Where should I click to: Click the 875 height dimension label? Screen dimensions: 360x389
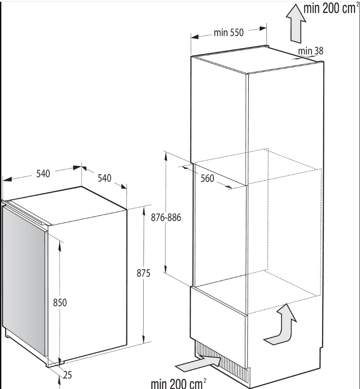pos(143,273)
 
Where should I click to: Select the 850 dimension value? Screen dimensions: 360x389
pos(60,303)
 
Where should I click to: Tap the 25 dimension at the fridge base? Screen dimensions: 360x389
pos(67,375)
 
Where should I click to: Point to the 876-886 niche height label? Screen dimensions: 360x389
pos(166,217)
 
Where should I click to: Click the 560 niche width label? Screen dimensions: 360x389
pos(207,178)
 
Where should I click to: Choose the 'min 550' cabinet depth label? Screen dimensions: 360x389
pos(229,33)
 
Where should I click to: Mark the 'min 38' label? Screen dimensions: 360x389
pos(311,51)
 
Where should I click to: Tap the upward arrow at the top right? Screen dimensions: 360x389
pos(296,23)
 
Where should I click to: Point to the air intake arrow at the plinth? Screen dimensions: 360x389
pos(199,363)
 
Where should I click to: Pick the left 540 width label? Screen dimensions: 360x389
pos(43,174)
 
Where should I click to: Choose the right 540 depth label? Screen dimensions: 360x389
pos(105,178)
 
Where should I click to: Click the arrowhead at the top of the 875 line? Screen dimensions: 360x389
pos(144,211)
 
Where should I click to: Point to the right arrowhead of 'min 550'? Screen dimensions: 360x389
pos(263,29)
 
